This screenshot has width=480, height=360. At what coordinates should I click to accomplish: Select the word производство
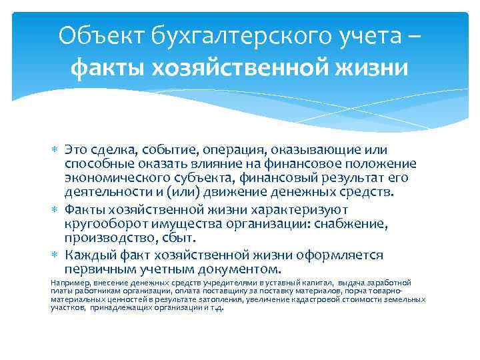[107, 238]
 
